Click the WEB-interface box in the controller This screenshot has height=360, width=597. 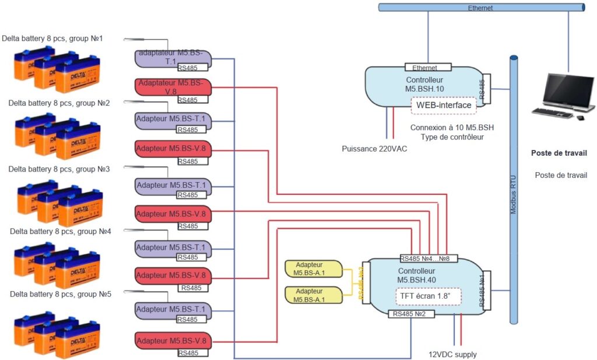point(444,105)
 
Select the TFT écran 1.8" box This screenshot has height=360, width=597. point(428,296)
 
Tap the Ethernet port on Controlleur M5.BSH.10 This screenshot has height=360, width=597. point(428,68)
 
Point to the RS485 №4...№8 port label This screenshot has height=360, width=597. point(429,258)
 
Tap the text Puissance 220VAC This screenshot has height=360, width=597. point(374,149)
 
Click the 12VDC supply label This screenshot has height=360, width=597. point(452,354)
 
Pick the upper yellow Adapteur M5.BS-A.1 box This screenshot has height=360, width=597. point(312,269)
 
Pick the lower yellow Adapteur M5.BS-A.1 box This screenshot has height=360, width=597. point(312,295)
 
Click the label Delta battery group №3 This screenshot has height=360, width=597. point(59,169)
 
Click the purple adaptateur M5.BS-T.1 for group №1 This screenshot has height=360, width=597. point(172,58)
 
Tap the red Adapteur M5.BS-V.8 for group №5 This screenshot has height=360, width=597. point(173,341)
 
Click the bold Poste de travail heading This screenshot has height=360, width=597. point(559,153)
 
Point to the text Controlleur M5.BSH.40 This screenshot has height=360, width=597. point(416,275)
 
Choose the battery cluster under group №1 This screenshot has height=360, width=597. point(57,71)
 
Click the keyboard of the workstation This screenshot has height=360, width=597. point(552,113)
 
